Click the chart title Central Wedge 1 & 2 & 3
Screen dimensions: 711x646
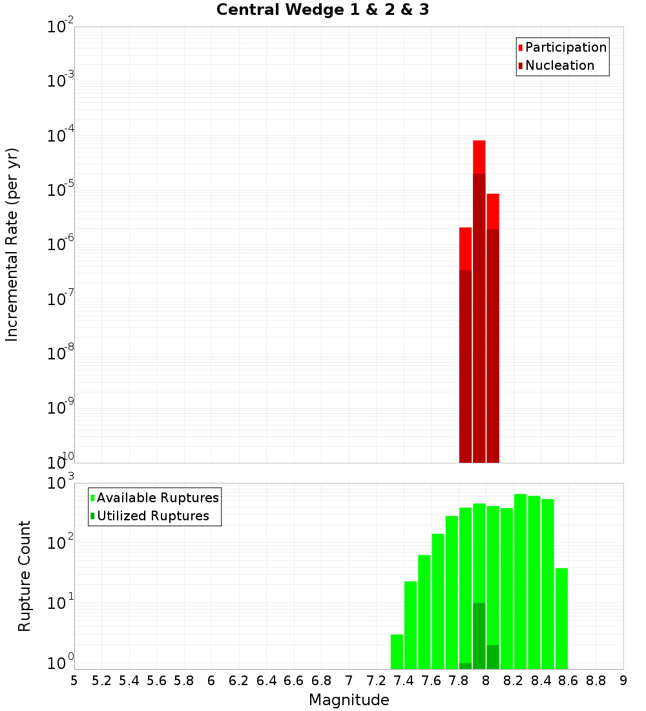tap(322, 10)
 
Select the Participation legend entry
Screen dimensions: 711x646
tap(565, 47)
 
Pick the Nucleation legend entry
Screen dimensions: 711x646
tap(559, 65)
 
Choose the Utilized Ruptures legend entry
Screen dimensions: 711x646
tap(152, 516)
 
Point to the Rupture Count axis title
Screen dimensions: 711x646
tap(25, 575)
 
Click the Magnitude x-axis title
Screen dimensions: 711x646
tap(349, 700)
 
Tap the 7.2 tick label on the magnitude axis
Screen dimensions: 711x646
tap(376, 681)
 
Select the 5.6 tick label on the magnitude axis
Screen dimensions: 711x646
tap(156, 681)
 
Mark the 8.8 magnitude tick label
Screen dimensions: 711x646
tap(596, 681)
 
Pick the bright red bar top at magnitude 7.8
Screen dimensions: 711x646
tap(465, 248)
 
